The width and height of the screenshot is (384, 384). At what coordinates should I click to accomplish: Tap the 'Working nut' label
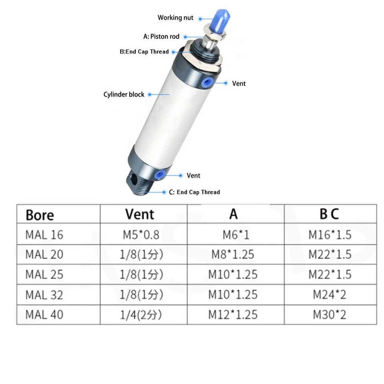[175, 18]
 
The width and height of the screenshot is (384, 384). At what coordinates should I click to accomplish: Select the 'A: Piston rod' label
[161, 36]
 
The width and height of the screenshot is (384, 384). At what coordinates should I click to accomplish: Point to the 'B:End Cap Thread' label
[144, 52]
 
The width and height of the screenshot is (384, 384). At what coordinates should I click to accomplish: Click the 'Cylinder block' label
[124, 94]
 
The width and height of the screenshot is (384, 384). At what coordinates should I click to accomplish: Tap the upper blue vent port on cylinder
[207, 83]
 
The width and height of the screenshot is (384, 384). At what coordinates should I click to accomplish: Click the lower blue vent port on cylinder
[161, 175]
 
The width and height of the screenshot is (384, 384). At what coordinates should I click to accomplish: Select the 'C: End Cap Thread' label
[194, 192]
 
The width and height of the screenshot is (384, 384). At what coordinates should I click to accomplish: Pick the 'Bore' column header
[40, 215]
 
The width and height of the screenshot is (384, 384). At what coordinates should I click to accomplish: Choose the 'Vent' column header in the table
[140, 214]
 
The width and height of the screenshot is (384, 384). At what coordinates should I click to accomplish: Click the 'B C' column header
[329, 214]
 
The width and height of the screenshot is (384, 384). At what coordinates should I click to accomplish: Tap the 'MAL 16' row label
[44, 234]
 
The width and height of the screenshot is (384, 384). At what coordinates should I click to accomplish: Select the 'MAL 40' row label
[44, 314]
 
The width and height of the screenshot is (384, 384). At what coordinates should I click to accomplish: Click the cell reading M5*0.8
[141, 234]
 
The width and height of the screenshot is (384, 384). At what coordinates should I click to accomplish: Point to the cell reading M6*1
[236, 234]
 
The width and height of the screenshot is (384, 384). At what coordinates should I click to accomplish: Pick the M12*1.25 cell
[233, 314]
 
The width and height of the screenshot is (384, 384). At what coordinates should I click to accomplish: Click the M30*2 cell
[329, 314]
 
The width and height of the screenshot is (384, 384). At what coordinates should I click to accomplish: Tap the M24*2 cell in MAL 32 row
[329, 295]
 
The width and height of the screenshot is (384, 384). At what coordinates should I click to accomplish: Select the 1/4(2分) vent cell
[141, 315]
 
